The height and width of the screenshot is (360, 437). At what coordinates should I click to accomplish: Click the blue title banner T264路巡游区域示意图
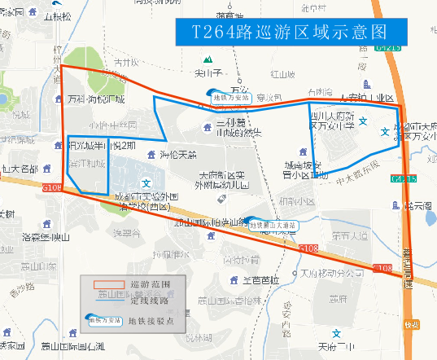click(289, 32)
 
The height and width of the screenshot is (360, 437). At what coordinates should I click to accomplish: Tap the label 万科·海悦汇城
click(97, 99)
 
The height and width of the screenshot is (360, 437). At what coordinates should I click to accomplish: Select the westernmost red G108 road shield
click(52, 188)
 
